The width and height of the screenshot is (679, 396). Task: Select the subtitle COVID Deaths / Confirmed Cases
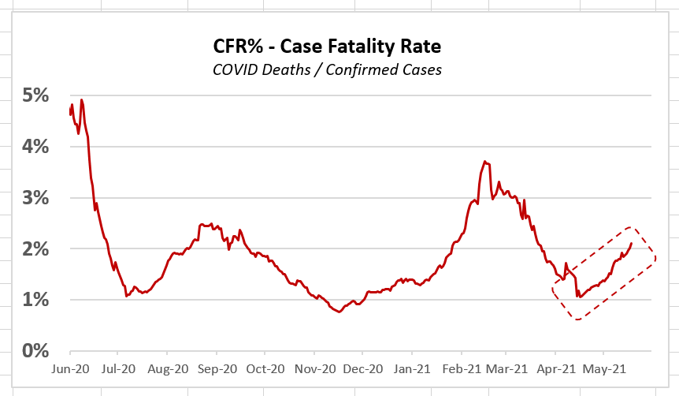coord(327,69)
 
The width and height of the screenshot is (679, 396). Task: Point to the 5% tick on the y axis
coord(35,95)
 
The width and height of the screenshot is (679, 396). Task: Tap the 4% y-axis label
coord(35,147)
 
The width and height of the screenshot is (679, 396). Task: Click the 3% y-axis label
coord(35,198)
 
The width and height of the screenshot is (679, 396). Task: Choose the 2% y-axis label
coord(35,249)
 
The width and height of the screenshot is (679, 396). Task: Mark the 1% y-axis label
coord(35,301)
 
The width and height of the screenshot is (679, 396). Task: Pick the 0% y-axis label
coord(35,351)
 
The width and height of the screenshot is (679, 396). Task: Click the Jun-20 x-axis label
coord(70,368)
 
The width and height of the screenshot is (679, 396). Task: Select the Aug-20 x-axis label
coord(168,368)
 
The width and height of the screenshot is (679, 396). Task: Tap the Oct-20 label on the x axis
coord(265,368)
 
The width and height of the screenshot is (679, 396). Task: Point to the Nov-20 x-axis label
coord(314,368)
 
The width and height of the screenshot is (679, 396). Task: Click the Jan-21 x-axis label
coord(412,368)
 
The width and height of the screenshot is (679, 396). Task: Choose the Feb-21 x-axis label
coord(460,368)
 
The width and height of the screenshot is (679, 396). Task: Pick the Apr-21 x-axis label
coord(555,368)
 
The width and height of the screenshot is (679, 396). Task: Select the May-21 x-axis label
coord(603,368)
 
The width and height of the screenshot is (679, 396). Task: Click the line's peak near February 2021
coord(485,162)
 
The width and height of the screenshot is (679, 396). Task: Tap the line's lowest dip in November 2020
coord(339,312)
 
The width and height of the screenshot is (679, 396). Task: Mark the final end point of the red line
coord(631,243)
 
